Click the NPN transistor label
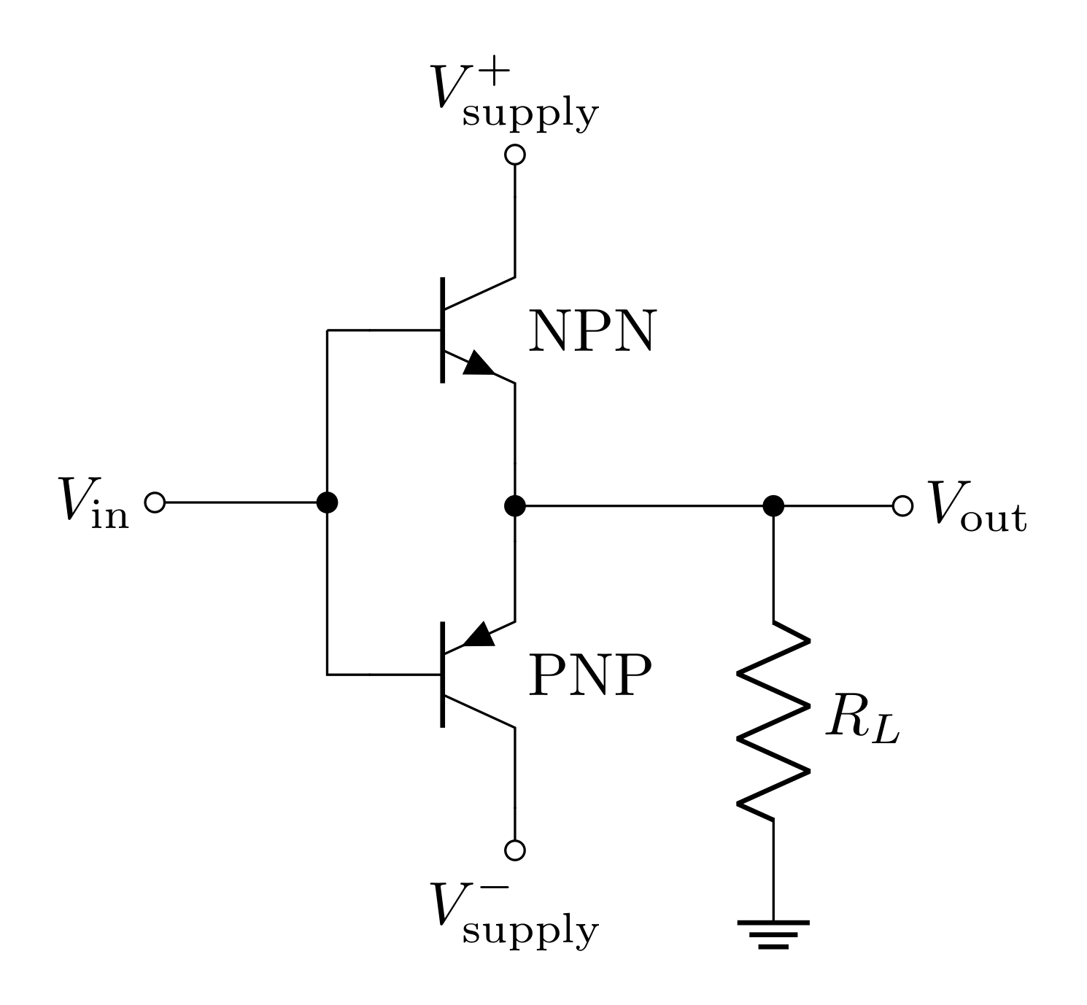592,332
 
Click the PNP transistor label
589,676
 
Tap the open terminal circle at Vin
155,502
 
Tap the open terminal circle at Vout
902,505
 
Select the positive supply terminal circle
515,155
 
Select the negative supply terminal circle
515,850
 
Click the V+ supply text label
514,98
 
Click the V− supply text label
514,914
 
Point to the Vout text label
976,506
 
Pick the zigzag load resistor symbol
773,721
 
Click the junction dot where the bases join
328,502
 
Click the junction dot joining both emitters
515,505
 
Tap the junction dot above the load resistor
773,505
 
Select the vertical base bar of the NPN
443,330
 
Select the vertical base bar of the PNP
443,675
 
